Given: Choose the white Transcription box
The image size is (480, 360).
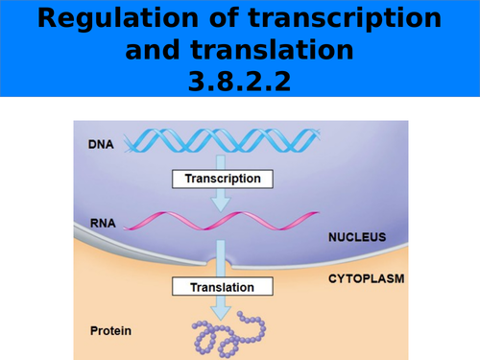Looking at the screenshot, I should tap(222, 178).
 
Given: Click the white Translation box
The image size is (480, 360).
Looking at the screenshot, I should tap(222, 287).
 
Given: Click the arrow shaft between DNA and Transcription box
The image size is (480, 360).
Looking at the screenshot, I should tap(222, 161).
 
